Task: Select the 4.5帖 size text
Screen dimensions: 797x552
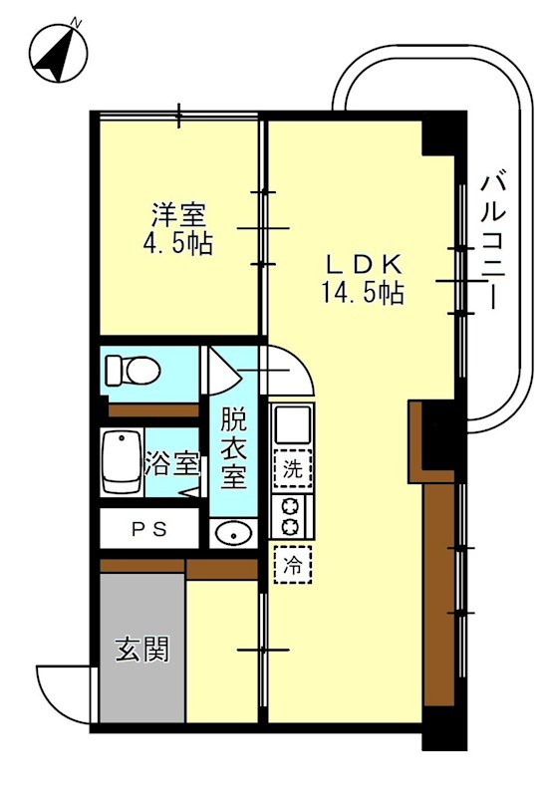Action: pos(180,243)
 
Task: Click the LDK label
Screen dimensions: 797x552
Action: pos(365,264)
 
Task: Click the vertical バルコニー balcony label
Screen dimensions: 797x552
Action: pos(491,239)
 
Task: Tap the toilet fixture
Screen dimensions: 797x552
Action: pos(135,371)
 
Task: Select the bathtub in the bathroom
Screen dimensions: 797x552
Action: pos(121,461)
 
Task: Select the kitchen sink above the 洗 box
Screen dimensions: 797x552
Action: pos(292,425)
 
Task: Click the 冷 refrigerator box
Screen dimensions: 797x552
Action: pos(293,565)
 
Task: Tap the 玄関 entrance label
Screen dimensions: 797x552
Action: pos(141,651)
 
